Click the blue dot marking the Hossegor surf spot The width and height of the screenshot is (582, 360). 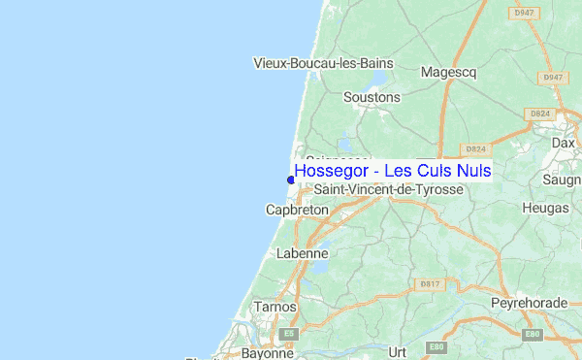coord(290,179)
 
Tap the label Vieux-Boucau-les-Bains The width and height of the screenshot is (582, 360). coord(323,64)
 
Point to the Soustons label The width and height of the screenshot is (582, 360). coord(372,98)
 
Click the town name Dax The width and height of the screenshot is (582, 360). coord(563,142)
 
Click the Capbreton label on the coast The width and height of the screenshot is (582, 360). coord(297,210)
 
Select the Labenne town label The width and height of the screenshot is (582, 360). coord(303,253)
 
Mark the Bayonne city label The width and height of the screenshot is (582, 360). coord(268,353)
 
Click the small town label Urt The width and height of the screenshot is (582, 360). coord(396,352)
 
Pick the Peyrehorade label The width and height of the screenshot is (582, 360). coord(529,303)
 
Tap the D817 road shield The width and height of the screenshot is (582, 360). coord(431,283)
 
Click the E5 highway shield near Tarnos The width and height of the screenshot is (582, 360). coord(288,333)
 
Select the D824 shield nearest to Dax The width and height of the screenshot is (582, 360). coord(539,115)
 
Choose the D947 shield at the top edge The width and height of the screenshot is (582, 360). coord(524,13)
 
